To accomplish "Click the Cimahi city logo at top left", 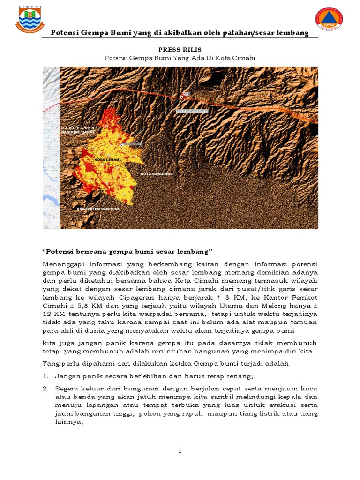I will [x=30, y=19].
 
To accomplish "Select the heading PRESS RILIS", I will [x=180, y=48].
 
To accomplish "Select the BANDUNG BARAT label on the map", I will [x=78, y=132].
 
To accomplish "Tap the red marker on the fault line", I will [x=182, y=96].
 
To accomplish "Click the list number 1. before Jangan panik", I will [x=46, y=376].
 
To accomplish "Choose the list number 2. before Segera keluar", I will [x=46, y=389].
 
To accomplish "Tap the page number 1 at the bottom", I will [x=180, y=451].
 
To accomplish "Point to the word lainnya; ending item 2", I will [x=69, y=422].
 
